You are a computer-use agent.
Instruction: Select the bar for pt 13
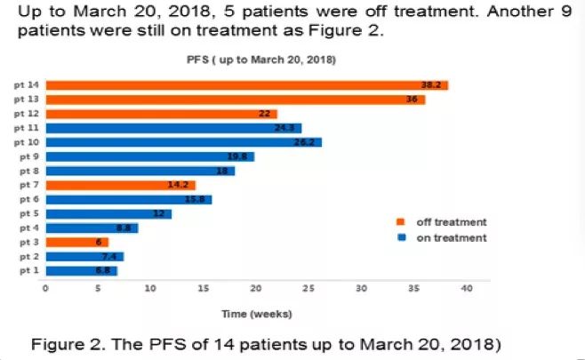point(235,100)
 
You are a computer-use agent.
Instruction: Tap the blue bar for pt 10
point(183,142)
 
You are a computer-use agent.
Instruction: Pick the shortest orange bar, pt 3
point(76,242)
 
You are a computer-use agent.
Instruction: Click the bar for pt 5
point(108,213)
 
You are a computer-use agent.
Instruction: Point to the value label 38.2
point(432,85)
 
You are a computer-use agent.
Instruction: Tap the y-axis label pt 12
point(27,114)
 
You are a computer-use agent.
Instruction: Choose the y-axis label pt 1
point(29,270)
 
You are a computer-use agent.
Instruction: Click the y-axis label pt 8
point(29,171)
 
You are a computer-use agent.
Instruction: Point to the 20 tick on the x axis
point(256,288)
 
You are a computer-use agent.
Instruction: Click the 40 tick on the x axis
point(467,288)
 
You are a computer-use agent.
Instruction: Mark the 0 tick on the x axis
point(45,288)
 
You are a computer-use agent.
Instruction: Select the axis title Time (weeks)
point(256,313)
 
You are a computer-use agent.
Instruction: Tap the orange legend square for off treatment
point(401,222)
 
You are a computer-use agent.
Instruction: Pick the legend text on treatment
point(452,237)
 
